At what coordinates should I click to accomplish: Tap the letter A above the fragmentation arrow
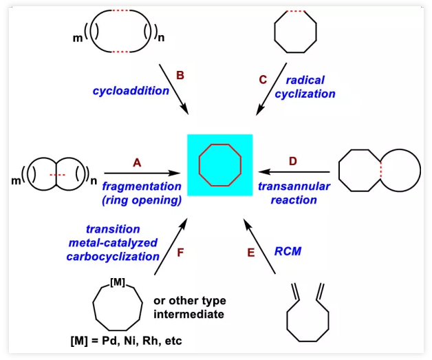136,162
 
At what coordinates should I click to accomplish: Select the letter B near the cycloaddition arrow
180,76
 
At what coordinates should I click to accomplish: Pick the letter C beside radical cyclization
263,79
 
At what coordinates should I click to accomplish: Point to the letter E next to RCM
251,253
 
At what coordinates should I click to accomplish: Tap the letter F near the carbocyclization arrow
182,253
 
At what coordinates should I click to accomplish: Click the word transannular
294,186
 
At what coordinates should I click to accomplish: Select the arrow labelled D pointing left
289,173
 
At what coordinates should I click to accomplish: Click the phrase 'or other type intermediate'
189,307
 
